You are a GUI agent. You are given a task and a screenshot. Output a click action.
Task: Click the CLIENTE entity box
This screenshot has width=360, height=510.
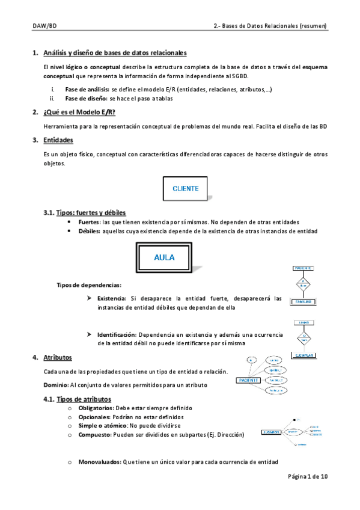coord(186,188)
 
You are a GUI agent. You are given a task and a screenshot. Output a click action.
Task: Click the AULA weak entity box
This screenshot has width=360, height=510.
coord(164,257)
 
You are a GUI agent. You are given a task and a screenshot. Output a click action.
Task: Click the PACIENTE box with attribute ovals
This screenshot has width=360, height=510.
coord(248,380)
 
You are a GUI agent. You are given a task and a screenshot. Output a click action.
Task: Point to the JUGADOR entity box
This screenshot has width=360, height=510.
coord(273,432)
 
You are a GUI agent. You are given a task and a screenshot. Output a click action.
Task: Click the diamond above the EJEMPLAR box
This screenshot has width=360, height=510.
coord(305,337)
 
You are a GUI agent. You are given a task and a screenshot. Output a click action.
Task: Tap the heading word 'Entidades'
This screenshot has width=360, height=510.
coord(58,140)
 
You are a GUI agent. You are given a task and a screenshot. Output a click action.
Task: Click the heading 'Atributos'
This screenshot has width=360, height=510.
coord(58,357)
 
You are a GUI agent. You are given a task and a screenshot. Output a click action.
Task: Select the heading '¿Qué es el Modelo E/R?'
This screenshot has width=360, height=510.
coord(79,112)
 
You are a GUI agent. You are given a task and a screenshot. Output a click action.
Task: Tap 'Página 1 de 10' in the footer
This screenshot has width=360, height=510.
coord(308,476)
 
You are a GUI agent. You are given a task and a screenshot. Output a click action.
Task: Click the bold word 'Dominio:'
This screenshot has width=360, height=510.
coord(56,385)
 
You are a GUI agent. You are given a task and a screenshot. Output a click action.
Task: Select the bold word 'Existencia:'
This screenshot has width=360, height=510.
coord(111,298)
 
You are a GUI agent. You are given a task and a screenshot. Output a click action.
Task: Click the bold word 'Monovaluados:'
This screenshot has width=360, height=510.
coord(100,462)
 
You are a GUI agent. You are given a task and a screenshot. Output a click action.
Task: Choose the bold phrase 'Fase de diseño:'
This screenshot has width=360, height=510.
coord(86,99)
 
